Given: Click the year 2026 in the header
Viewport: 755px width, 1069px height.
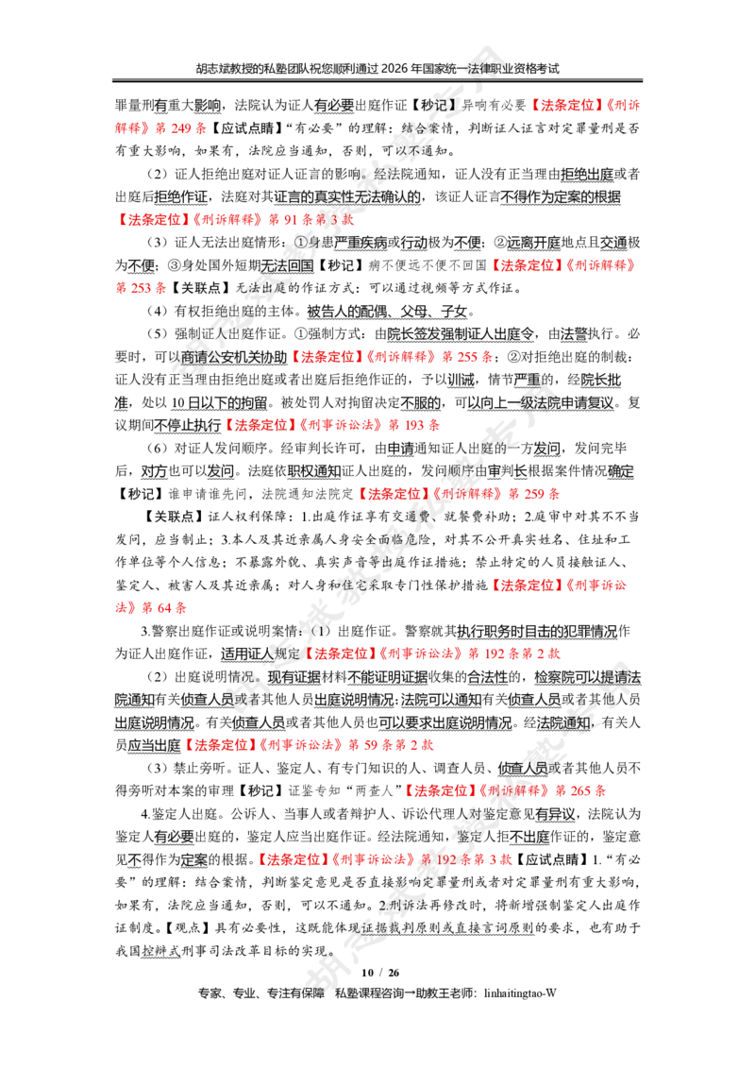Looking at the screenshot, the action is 395,68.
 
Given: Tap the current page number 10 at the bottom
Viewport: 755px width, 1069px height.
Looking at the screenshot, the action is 367,973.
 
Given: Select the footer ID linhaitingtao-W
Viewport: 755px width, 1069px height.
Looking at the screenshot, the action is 520,993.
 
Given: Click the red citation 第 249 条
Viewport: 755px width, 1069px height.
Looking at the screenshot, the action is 181,128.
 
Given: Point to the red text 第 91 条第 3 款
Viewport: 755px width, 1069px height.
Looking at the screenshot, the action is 311,219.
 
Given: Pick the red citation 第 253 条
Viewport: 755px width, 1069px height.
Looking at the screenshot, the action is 141,288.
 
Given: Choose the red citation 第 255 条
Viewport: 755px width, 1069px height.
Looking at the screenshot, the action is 467,357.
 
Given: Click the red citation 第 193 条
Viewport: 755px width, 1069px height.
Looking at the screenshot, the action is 414,425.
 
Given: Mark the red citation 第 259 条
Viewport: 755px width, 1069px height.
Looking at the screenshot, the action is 534,494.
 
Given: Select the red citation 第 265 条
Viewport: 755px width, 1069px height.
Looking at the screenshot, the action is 580,790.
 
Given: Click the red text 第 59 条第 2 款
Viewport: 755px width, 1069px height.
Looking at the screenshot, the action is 391,745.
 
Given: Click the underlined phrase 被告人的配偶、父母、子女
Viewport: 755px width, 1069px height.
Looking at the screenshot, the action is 387,312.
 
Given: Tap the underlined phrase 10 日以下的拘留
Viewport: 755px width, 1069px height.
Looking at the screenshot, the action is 219,403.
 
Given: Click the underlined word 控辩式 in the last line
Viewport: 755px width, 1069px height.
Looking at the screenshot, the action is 160,951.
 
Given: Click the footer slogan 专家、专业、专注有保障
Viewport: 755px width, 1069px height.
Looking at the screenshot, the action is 261,993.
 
